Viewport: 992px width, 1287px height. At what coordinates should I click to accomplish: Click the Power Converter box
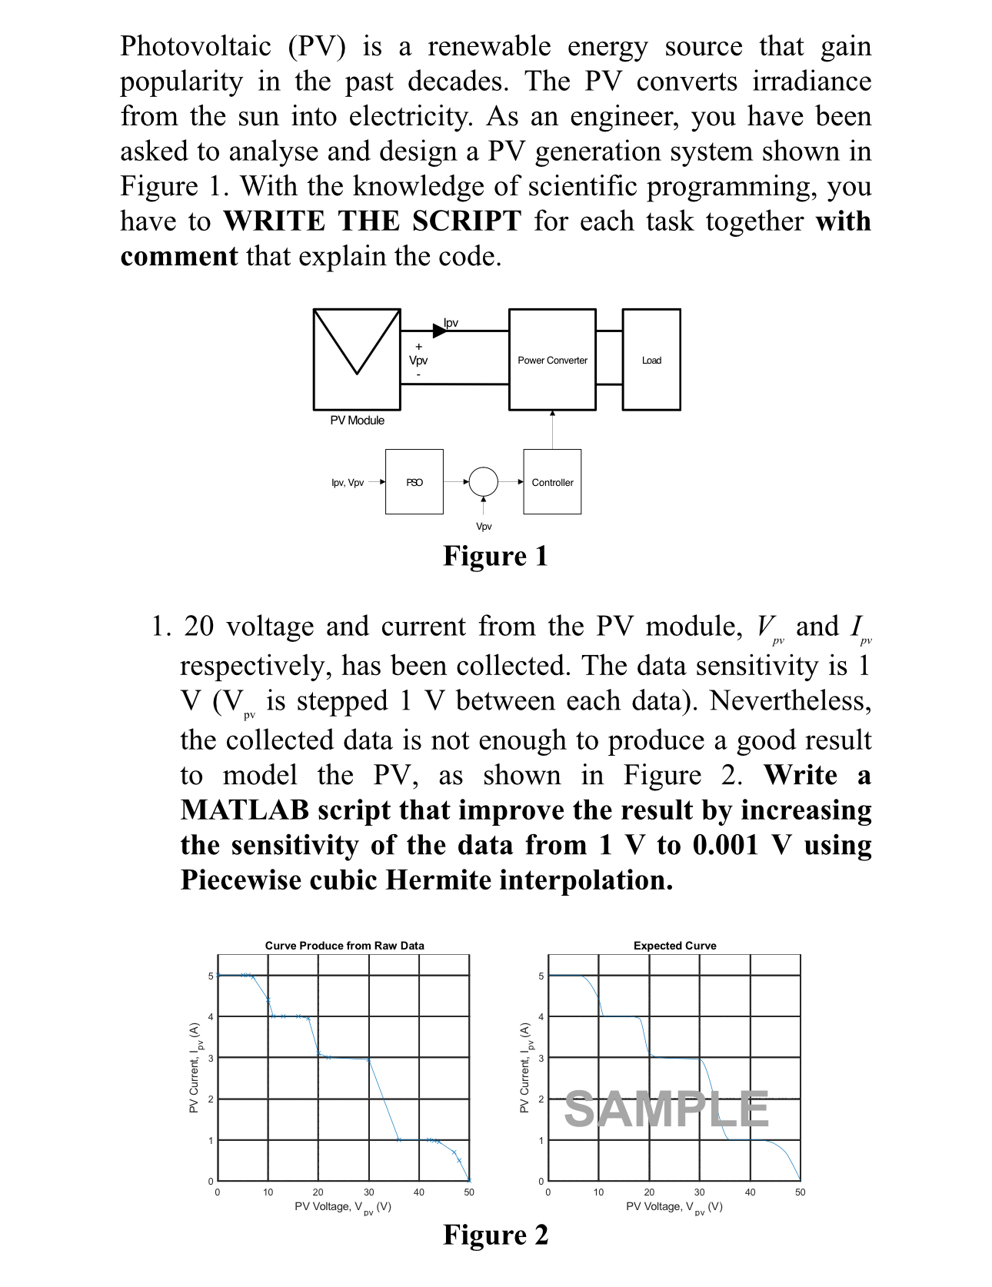pyautogui.click(x=552, y=360)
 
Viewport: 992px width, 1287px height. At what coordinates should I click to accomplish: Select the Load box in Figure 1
pyautogui.click(x=651, y=360)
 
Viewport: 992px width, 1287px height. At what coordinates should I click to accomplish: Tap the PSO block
pyautogui.click(x=414, y=482)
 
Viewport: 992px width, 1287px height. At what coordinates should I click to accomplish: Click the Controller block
pyautogui.click(x=552, y=482)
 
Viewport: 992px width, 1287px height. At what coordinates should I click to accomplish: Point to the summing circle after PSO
pyautogui.click(x=484, y=482)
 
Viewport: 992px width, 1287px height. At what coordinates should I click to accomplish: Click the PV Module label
pyautogui.click(x=358, y=421)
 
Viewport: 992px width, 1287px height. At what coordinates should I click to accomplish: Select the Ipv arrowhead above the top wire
pyautogui.click(x=439, y=331)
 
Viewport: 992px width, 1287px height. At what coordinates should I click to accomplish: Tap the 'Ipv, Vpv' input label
pyautogui.click(x=348, y=483)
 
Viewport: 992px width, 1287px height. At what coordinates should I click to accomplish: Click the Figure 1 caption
pyautogui.click(x=495, y=556)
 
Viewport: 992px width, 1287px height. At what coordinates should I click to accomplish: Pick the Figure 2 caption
pyautogui.click(x=495, y=1235)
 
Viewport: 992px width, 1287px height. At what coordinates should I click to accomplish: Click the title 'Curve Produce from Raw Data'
pyautogui.click(x=345, y=946)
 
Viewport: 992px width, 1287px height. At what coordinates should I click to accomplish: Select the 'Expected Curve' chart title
pyautogui.click(x=674, y=946)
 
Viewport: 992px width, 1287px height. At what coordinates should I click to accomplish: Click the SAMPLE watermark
pyautogui.click(x=666, y=1109)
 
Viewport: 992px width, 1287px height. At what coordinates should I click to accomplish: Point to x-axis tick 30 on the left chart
pyautogui.click(x=368, y=1192)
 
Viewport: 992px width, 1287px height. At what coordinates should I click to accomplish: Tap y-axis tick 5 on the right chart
pyautogui.click(x=541, y=976)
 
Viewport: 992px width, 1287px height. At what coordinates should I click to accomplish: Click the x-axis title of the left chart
pyautogui.click(x=343, y=1207)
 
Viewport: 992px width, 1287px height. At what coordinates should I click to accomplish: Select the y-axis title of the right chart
pyautogui.click(x=524, y=1068)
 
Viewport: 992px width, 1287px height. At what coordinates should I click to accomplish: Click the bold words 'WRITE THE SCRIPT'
pyautogui.click(x=372, y=221)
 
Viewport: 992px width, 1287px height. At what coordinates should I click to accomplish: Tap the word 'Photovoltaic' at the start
pyautogui.click(x=195, y=46)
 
